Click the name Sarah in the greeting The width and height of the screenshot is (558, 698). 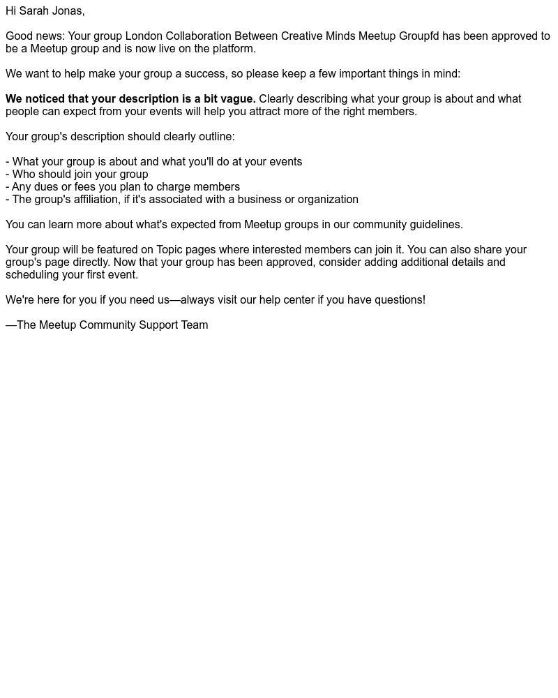tap(33, 11)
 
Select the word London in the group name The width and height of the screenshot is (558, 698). tap(144, 36)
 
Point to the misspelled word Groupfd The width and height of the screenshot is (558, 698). tap(418, 36)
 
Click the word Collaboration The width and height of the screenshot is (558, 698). tap(198, 36)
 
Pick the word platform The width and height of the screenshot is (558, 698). tap(234, 49)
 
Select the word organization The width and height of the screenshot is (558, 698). tap(328, 200)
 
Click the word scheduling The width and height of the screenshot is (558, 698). tap(31, 275)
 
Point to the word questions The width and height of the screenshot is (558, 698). tap(399, 300)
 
